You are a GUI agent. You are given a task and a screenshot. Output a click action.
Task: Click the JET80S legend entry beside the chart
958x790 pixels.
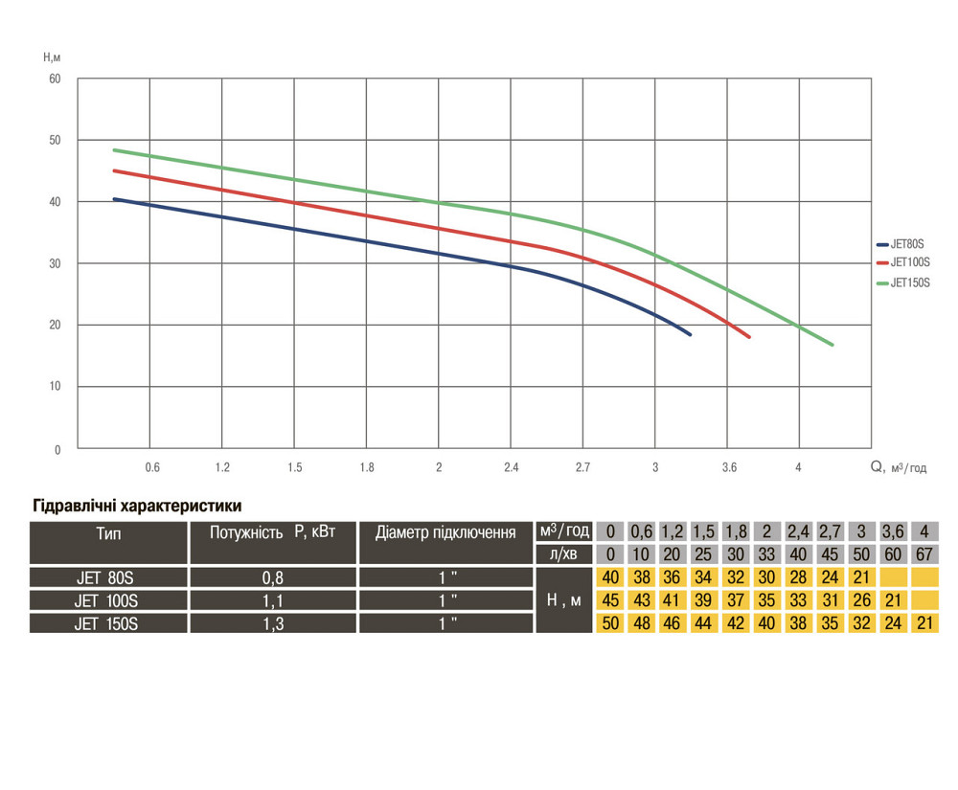909,243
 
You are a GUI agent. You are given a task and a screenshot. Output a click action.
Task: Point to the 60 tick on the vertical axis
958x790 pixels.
55,79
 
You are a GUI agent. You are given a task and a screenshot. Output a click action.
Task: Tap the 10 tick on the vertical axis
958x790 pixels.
55,387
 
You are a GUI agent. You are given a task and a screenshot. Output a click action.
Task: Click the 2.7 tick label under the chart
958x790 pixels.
582,468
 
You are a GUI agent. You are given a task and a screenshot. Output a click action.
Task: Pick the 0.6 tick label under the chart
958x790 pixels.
151,468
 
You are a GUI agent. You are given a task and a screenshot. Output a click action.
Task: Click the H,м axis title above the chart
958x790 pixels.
52,57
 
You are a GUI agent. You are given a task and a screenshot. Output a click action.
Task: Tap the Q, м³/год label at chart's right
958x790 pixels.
899,468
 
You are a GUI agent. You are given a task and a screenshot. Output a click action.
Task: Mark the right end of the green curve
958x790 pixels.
833,345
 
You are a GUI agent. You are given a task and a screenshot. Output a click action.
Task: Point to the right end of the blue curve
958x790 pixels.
689,334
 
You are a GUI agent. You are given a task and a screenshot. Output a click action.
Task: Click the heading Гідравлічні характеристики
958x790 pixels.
137,506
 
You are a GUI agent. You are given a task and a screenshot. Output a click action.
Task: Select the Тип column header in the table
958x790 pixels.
108,532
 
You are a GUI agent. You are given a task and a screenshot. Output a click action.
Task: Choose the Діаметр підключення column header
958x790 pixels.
445,532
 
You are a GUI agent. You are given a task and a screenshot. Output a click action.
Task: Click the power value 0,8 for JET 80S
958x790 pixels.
273,577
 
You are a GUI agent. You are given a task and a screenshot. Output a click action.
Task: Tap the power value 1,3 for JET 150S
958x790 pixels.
273,623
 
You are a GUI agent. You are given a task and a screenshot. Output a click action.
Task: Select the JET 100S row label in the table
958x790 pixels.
106,600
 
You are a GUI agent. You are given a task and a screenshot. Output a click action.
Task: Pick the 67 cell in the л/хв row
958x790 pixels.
925,553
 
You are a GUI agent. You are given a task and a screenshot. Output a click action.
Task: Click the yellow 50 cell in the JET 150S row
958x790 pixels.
609,623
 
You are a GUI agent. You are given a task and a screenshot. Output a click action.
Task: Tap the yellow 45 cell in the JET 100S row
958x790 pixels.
609,600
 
